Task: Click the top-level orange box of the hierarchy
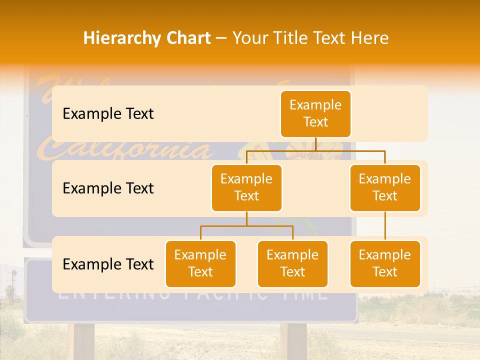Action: pyautogui.click(x=315, y=114)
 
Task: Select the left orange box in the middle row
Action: pyautogui.click(x=246, y=188)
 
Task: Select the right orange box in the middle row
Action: pyautogui.click(x=385, y=188)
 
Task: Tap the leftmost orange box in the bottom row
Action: pyautogui.click(x=200, y=264)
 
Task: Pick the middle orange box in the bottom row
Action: pyautogui.click(x=292, y=264)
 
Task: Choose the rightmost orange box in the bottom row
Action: pyautogui.click(x=385, y=264)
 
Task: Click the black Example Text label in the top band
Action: pyautogui.click(x=108, y=114)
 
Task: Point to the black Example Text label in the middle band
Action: pyautogui.click(x=108, y=188)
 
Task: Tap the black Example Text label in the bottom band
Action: pyautogui.click(x=108, y=264)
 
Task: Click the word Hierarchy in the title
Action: pyautogui.click(x=121, y=38)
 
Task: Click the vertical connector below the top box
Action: pyautogui.click(x=315, y=144)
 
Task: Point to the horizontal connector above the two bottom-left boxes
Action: pyautogui.click(x=246, y=226)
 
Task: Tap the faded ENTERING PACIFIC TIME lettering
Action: pyautogui.click(x=192, y=295)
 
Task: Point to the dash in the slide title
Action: pyautogui.click(x=221, y=38)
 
